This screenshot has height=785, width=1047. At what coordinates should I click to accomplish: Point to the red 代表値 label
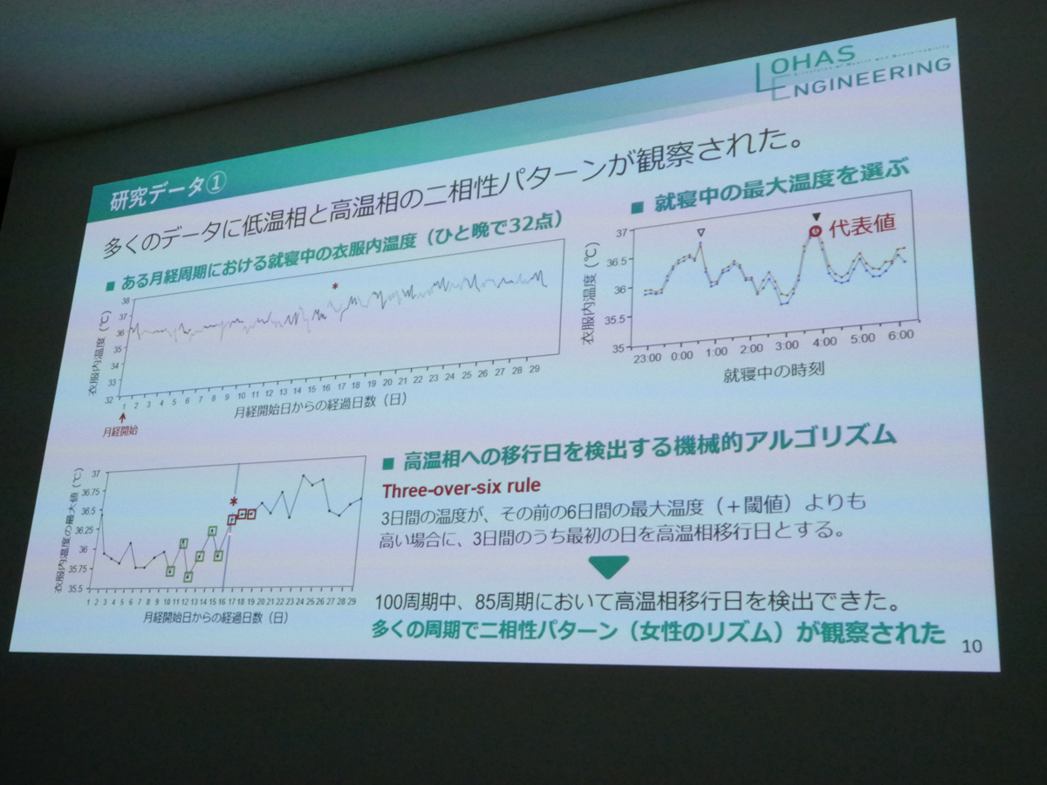pyautogui.click(x=863, y=222)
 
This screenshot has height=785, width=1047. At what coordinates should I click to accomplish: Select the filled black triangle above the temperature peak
pyautogui.click(x=817, y=216)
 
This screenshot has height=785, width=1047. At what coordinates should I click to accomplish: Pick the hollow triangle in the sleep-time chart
pyautogui.click(x=700, y=232)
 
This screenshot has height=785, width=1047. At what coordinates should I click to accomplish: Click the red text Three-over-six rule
pyautogui.click(x=461, y=486)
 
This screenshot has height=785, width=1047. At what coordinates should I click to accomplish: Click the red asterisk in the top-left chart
pyautogui.click(x=334, y=287)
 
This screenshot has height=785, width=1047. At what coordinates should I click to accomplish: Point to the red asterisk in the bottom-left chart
pyautogui.click(x=233, y=501)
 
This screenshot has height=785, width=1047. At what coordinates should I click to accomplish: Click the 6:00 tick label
pyautogui.click(x=900, y=335)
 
